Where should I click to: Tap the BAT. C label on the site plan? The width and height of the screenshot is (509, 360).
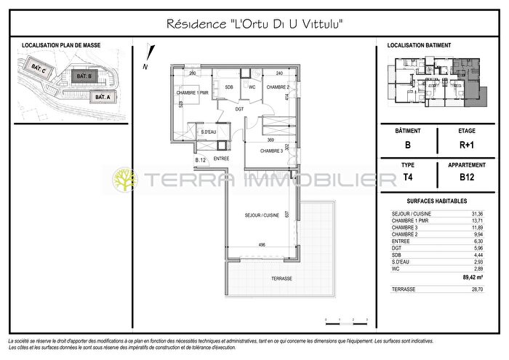(39, 70)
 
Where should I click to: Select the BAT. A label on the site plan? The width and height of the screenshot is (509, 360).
(100, 97)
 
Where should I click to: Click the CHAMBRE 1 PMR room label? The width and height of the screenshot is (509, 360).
(192, 93)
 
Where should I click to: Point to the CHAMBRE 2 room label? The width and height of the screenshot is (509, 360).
(277, 87)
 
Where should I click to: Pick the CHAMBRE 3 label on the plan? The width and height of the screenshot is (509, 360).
(271, 151)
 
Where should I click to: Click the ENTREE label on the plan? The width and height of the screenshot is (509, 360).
(222, 159)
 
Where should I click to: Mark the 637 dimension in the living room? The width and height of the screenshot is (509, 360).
(287, 215)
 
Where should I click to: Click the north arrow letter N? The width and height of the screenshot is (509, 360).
(146, 66)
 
